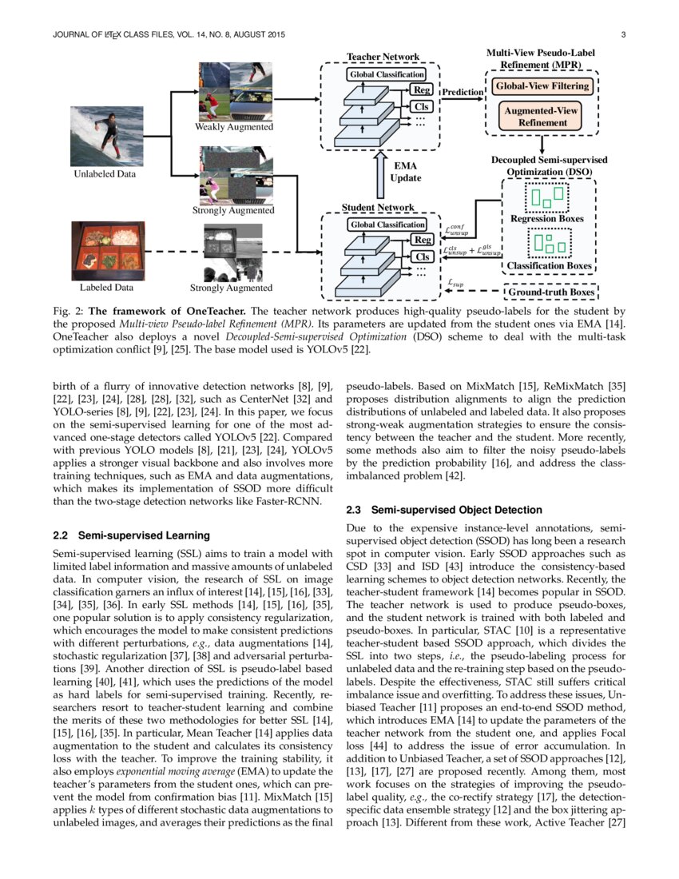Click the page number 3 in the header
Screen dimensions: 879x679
[622, 35]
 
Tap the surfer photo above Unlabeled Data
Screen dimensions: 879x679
[106, 135]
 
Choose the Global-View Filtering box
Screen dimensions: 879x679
[542, 86]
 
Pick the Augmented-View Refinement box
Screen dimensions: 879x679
[542, 117]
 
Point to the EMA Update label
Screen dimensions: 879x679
[405, 171]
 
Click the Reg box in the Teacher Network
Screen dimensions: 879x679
[421, 90]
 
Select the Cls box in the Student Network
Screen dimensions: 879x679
[421, 257]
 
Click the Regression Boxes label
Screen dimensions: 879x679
[546, 218]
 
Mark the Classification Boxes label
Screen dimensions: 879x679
[550, 265]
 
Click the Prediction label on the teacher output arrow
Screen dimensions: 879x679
[463, 92]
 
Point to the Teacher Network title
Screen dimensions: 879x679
[382, 57]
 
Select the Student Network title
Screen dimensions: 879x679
[378, 208]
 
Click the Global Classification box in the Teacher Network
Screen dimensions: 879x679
[386, 74]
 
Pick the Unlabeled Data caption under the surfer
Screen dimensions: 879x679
[105, 173]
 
